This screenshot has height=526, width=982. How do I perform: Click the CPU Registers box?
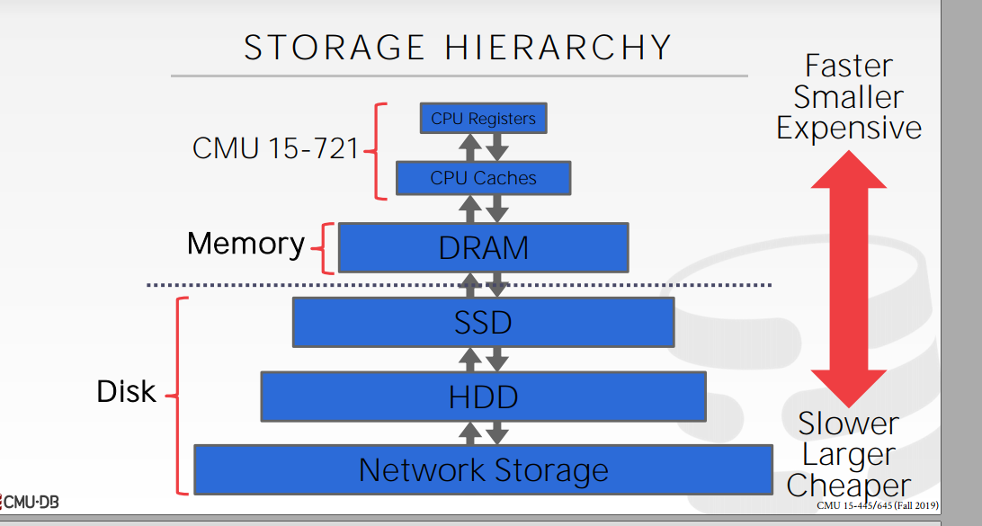click(x=483, y=118)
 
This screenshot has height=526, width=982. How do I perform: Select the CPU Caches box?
click(x=483, y=178)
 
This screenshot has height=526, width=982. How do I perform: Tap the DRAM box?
click(x=483, y=247)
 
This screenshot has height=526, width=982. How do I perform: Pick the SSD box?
click(x=483, y=322)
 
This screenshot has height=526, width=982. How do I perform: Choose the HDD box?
click(x=483, y=397)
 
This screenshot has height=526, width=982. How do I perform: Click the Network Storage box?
click(x=483, y=469)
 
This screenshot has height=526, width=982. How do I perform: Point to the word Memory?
click(x=245, y=244)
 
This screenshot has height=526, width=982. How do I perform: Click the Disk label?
click(x=126, y=392)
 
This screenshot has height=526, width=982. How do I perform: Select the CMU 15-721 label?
click(x=275, y=148)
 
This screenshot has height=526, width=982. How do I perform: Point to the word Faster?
click(x=849, y=66)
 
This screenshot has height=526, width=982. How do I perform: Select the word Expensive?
click(x=849, y=128)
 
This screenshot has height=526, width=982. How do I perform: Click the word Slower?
click(x=849, y=423)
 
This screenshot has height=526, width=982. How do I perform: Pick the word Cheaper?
click(x=849, y=486)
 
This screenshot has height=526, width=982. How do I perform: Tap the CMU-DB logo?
click(x=31, y=502)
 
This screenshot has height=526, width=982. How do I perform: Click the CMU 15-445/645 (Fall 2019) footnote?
click(x=878, y=505)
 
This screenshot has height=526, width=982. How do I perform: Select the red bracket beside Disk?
click(x=181, y=396)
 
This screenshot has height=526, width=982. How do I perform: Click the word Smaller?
click(x=849, y=97)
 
